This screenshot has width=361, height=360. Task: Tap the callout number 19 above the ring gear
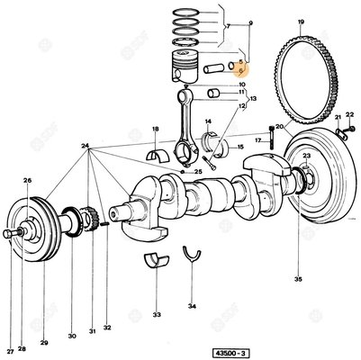[301, 21]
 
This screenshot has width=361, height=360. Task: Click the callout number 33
[157, 317]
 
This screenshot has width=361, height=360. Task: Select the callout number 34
[192, 305]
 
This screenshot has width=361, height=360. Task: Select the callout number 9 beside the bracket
[251, 20]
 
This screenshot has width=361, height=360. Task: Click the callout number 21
[338, 118]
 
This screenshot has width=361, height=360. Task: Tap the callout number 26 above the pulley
[27, 180]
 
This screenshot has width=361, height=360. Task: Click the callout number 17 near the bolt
[257, 140]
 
